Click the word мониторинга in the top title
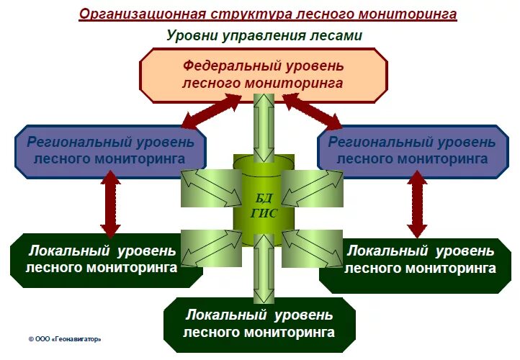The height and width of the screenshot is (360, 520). pyautogui.click(x=413, y=14)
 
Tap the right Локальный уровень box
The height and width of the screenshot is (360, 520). pyautogui.click(x=421, y=260)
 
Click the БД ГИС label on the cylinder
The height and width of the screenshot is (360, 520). pyautogui.click(x=264, y=207)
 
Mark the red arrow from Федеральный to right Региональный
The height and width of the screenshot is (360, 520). pyautogui.click(x=313, y=109)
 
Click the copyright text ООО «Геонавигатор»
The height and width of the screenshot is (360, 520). pyautogui.click(x=65, y=338)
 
